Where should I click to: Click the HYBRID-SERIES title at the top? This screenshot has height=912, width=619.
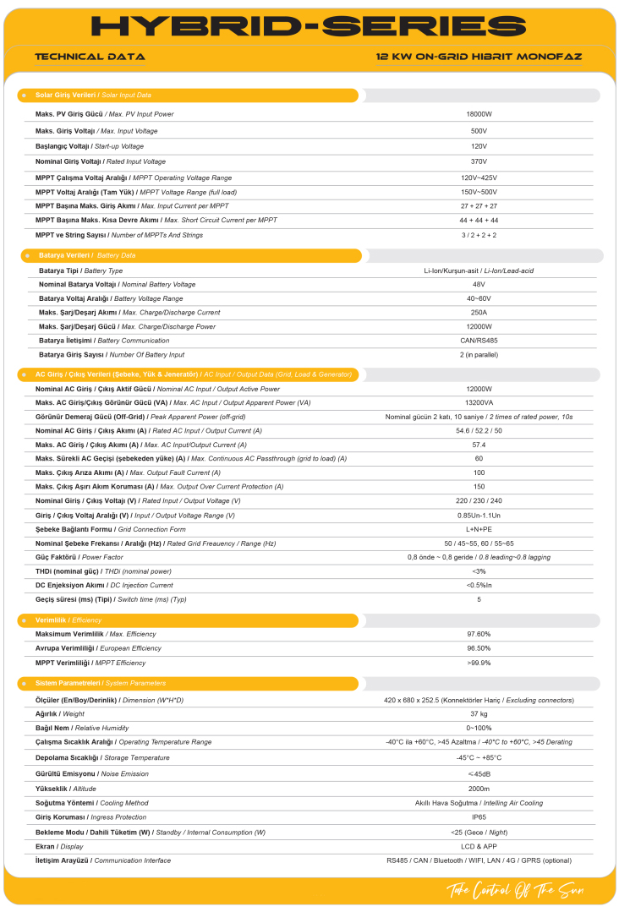(x=309, y=26)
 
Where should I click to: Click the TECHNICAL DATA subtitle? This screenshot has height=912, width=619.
(x=90, y=57)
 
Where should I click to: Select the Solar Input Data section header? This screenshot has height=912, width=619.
(x=93, y=96)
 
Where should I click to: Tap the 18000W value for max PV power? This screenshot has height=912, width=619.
(x=479, y=114)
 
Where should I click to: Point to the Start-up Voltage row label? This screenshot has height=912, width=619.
(x=90, y=146)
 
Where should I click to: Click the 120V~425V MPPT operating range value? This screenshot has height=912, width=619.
(x=479, y=177)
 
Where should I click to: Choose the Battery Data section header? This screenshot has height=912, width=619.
(x=87, y=255)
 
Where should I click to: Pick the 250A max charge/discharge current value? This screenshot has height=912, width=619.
(x=479, y=313)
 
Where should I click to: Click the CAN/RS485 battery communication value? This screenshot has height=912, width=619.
(x=479, y=341)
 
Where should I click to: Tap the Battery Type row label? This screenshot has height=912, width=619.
(x=80, y=270)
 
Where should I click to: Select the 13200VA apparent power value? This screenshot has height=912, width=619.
(x=479, y=402)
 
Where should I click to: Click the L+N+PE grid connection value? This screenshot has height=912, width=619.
(x=479, y=529)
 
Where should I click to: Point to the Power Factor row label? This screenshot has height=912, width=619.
(x=80, y=558)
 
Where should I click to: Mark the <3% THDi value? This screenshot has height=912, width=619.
(x=479, y=571)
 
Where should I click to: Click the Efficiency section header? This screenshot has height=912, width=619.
(x=68, y=620)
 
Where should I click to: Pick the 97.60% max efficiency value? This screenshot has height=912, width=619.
(x=479, y=634)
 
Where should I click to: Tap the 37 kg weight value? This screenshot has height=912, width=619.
(x=479, y=714)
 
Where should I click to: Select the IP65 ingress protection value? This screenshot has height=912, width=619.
(x=479, y=817)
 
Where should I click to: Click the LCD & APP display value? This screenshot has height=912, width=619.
(x=479, y=846)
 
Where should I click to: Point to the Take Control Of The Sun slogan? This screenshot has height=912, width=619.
(x=515, y=891)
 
